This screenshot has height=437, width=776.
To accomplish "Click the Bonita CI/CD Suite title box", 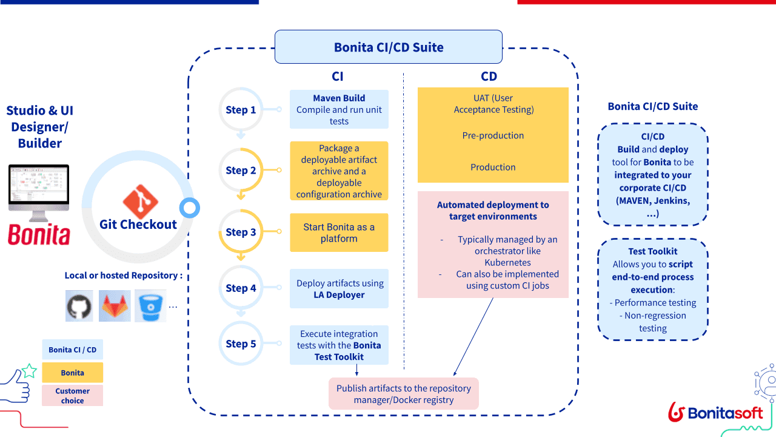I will tap(389, 47).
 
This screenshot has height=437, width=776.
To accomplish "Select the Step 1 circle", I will tap(241, 110).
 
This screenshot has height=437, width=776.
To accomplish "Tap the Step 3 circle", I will tap(241, 232).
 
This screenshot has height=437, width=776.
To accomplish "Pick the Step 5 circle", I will tap(241, 344).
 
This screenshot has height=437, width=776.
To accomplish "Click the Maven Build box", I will tap(339, 109).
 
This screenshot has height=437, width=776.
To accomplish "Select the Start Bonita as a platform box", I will tap(339, 232).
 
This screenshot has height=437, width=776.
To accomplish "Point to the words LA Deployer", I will tap(339, 295).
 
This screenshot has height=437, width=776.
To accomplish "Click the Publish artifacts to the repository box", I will tap(404, 394).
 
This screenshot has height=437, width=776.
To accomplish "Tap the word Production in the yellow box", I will tap(493, 168).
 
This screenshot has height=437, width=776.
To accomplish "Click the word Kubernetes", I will tap(507, 263).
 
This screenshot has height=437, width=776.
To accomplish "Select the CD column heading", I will tap(489, 76).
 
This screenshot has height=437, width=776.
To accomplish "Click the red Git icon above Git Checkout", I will tap(140, 202).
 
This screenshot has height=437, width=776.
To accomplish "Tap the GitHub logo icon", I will tap(79, 306).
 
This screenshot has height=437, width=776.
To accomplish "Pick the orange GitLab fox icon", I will tap(115, 306).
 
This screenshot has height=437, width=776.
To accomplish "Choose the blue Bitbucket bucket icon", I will tap(150, 306).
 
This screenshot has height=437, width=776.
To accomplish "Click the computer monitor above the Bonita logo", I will tap(39, 192).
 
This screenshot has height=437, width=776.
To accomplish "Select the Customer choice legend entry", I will tap(73, 396).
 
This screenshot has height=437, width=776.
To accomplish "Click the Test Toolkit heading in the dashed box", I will tap(653, 251).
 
